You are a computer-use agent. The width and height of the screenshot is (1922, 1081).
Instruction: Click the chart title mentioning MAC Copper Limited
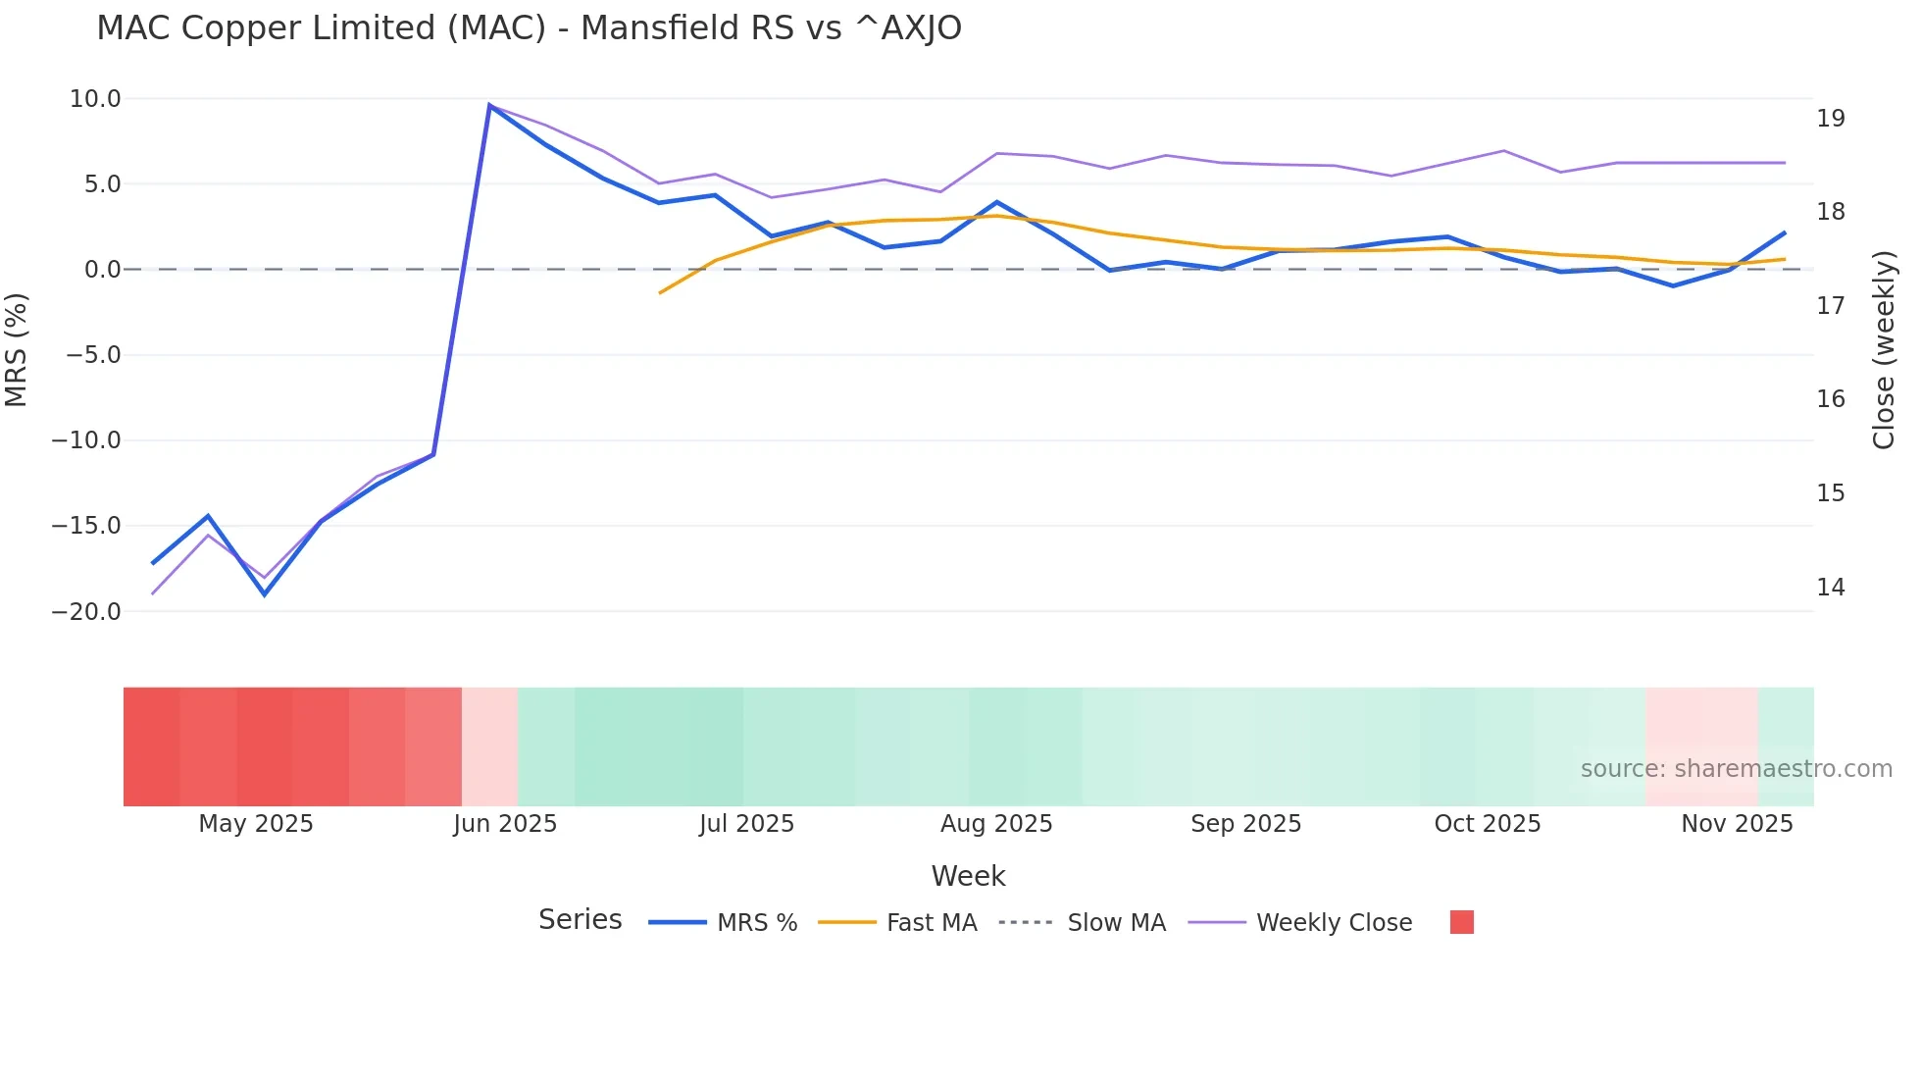pos(529,28)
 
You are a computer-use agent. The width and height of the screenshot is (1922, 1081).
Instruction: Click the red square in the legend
pos(1461,922)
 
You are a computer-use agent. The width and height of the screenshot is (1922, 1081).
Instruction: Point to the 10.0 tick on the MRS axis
pos(95,99)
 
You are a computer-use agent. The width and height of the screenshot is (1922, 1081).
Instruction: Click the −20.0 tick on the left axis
pos(86,612)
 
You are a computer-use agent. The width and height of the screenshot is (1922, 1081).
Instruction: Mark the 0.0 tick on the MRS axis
pos(102,270)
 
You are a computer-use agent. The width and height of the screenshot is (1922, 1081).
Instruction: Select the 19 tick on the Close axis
pos(1830,119)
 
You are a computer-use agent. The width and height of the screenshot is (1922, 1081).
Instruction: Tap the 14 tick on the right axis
pos(1830,588)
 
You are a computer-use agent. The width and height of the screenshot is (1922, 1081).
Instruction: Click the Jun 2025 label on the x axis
pos(505,824)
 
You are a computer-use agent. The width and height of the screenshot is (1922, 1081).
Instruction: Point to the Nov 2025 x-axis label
pos(1737,824)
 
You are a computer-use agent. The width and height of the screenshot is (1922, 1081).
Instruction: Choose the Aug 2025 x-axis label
pos(996,824)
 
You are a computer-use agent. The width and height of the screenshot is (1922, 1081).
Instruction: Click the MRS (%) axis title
pos(17,350)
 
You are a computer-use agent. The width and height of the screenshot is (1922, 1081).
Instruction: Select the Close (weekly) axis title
pos(1884,350)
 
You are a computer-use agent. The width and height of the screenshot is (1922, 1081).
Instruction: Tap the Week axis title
pos(968,876)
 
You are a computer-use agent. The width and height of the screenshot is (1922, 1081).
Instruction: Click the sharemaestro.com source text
pos(1736,769)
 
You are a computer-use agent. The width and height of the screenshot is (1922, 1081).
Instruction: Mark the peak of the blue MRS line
pos(489,106)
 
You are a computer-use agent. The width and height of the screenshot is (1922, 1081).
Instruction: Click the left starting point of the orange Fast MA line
pos(660,292)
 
